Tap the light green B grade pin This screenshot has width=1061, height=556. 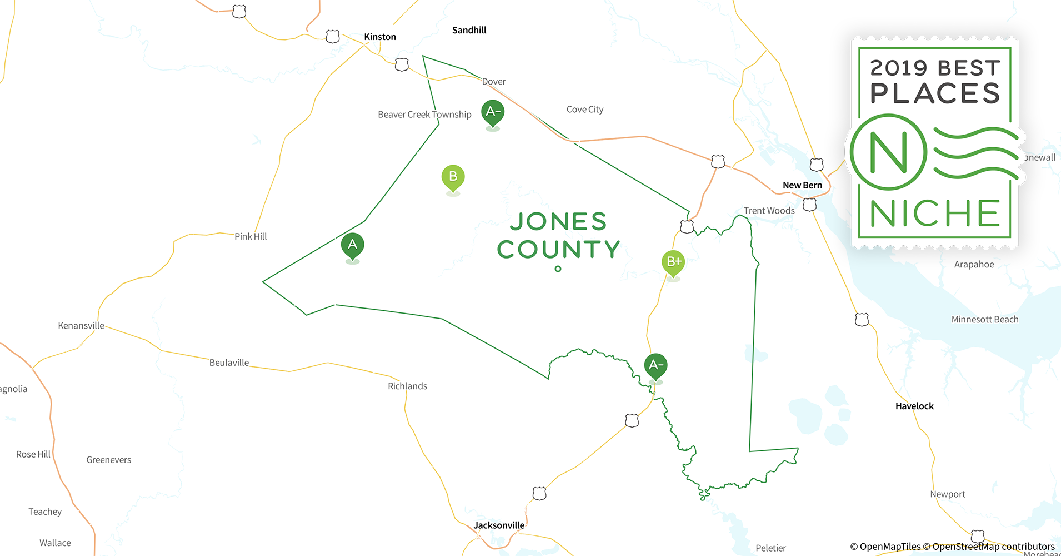453,177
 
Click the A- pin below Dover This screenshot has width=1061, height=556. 493,112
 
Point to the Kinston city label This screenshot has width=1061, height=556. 380,37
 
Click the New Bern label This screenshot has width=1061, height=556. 802,185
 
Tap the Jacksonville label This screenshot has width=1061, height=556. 499,525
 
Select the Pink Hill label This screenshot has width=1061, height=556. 251,236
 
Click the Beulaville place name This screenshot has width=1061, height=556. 229,363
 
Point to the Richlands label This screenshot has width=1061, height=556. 407,386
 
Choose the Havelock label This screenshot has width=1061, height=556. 914,406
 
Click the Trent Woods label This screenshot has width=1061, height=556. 769,211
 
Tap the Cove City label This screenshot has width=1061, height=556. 585,110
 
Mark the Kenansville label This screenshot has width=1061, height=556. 81,326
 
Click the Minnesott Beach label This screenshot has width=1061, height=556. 984,320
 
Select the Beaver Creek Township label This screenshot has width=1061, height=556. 424,115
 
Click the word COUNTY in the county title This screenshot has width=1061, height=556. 558,250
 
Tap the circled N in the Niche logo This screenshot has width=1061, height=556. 888,152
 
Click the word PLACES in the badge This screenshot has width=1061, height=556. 935,93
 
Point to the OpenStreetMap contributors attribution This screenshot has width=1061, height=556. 993,547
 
